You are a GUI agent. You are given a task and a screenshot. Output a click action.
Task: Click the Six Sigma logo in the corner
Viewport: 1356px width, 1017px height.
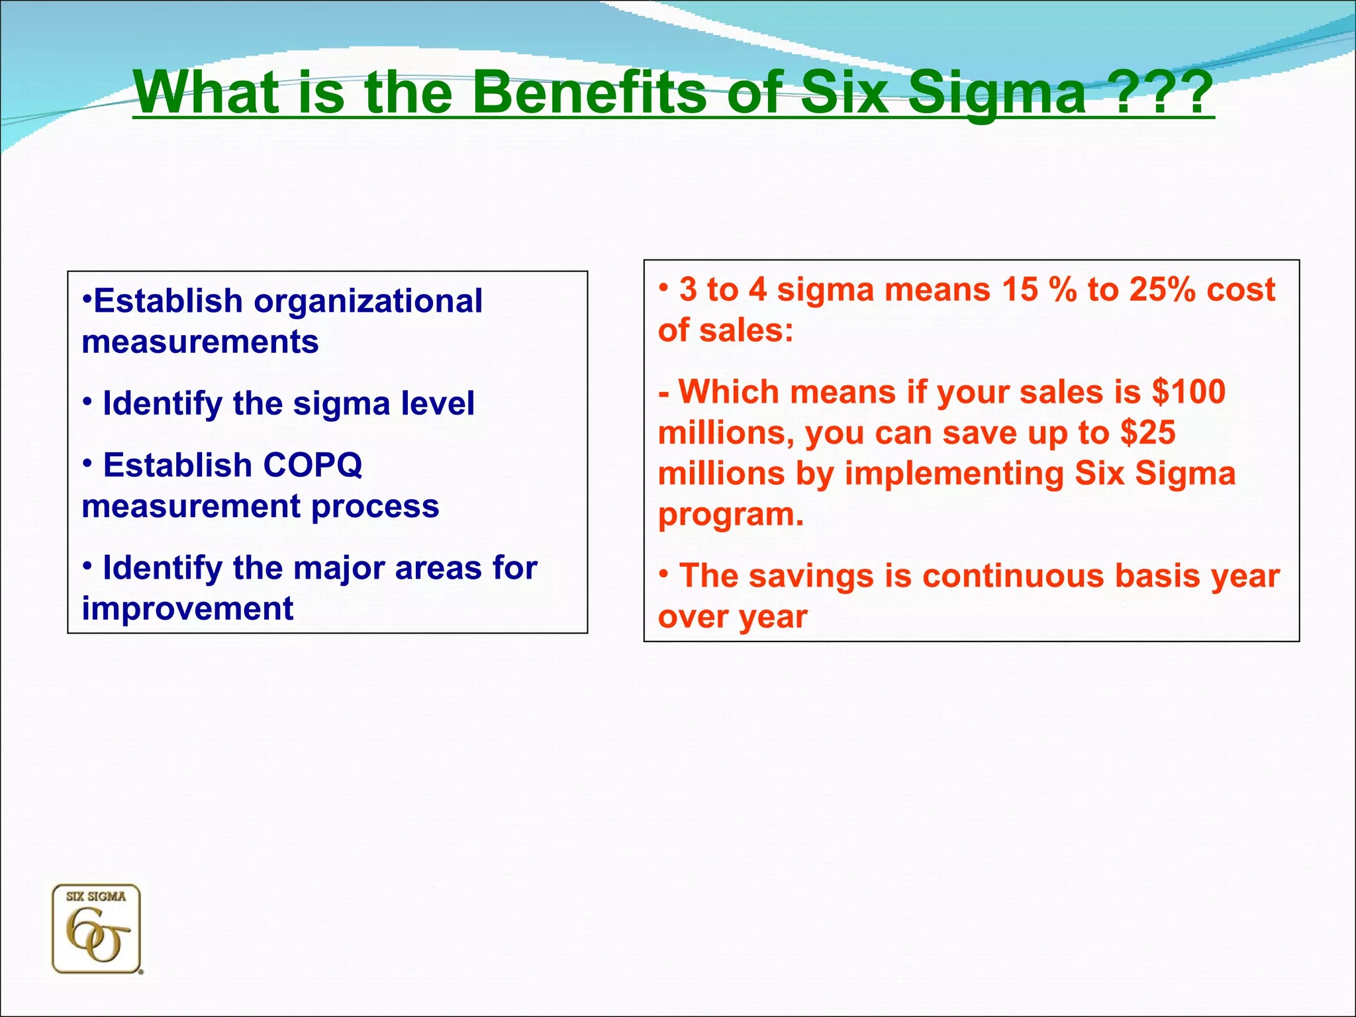pyautogui.click(x=97, y=929)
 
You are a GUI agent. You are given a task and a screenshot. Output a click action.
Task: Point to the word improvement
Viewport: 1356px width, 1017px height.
pyautogui.click(x=187, y=608)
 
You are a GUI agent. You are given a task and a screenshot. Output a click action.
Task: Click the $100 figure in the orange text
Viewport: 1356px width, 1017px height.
pyautogui.click(x=1188, y=391)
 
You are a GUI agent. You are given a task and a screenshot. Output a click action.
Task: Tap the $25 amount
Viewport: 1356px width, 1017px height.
pyautogui.click(x=1148, y=432)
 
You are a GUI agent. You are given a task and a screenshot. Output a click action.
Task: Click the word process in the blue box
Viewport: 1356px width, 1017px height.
pyautogui.click(x=375, y=507)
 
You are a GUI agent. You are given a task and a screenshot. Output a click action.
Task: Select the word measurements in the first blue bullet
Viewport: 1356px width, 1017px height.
pyautogui.click(x=200, y=342)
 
